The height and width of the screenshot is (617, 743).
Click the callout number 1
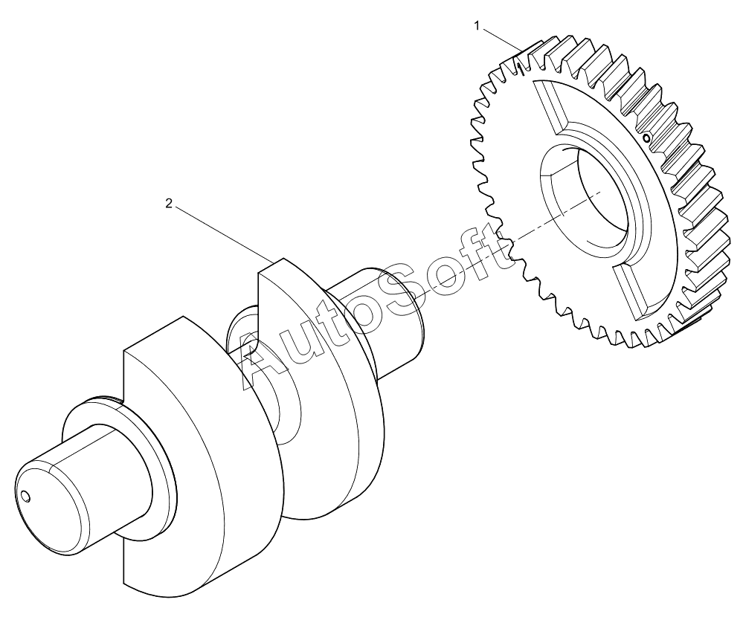[477, 26]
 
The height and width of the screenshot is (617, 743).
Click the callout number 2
[169, 204]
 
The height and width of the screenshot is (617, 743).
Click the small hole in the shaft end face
[25, 496]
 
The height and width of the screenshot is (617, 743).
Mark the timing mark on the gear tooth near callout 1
[521, 69]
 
